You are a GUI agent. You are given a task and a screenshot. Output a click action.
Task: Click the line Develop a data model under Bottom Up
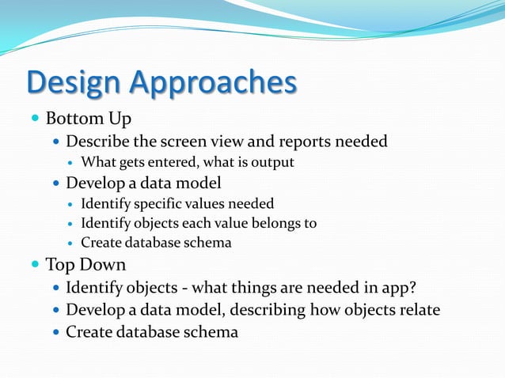coord(143,183)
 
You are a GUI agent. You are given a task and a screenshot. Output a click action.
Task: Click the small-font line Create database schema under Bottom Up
coord(156,243)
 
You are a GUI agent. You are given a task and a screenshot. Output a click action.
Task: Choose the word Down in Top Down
coord(105,264)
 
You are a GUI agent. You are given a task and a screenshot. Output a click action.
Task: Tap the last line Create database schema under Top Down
coord(151,332)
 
